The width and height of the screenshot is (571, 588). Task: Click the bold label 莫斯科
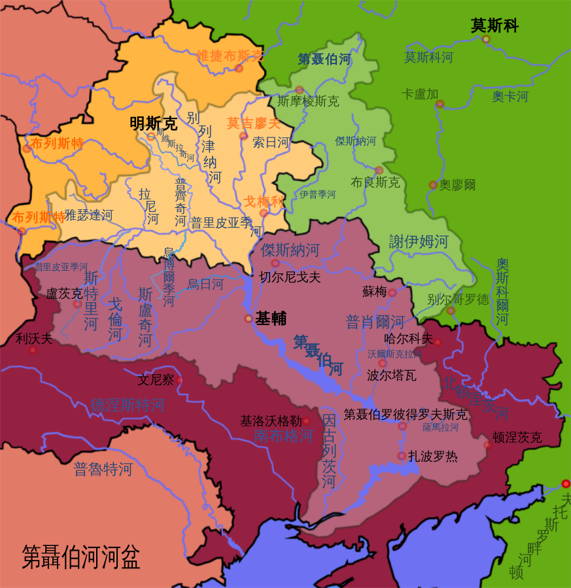494,26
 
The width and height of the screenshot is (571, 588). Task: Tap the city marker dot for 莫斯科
486,39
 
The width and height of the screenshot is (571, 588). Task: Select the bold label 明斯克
154,122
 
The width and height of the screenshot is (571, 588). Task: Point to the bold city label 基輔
271,319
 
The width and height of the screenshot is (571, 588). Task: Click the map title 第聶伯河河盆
81,557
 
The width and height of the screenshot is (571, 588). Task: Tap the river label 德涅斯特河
128,405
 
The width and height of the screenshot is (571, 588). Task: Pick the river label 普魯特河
103,469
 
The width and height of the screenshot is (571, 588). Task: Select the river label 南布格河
283,436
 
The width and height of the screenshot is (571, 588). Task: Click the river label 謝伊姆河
419,241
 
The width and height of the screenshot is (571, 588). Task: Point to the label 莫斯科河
428,57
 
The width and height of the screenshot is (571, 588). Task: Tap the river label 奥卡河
510,96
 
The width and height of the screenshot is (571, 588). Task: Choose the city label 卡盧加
419,94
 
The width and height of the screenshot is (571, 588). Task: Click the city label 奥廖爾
457,185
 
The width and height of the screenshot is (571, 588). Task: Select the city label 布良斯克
375,182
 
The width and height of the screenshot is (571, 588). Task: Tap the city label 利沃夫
34,338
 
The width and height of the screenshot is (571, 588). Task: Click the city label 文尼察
156,379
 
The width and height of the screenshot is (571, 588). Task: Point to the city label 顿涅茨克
517,437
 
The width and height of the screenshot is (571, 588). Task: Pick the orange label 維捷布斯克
230,56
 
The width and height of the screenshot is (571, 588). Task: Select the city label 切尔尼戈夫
290,277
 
